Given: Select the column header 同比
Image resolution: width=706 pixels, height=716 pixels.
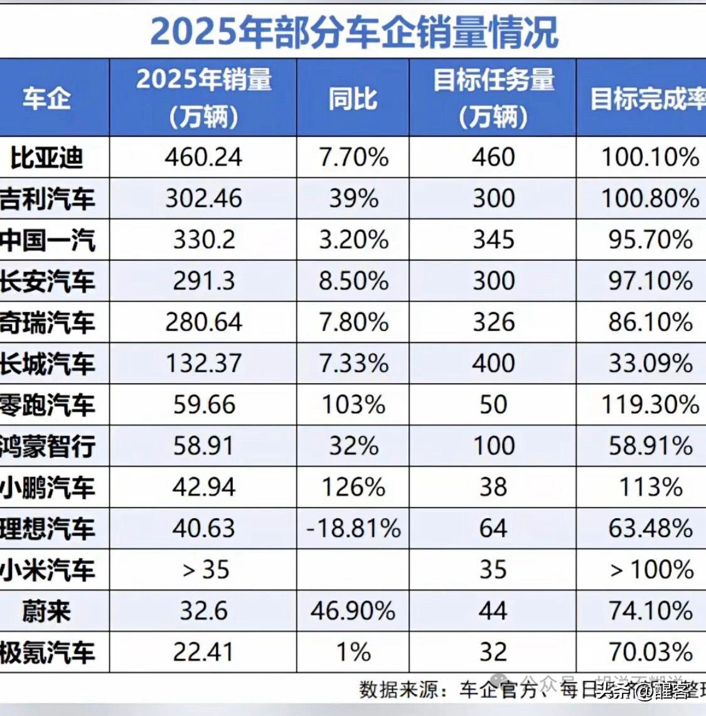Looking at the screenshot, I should [353, 98].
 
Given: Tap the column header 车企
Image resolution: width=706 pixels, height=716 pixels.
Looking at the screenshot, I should [47, 98].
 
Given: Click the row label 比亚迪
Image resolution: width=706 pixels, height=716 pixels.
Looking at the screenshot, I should [47, 157].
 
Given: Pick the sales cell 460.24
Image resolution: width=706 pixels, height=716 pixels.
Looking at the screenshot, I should [203, 157].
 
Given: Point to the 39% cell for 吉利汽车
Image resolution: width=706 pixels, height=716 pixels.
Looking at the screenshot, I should [353, 198].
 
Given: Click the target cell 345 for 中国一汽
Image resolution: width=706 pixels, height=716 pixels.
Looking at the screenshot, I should [493, 240].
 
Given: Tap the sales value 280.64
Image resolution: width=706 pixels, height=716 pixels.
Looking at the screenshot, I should [203, 322].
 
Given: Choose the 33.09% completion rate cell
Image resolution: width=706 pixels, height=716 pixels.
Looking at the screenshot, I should [650, 364].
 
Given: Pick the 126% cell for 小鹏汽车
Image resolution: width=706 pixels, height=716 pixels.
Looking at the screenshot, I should [353, 487].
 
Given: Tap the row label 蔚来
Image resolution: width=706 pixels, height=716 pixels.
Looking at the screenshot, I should [47, 611].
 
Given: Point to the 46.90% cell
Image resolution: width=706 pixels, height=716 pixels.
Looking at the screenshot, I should [353, 611].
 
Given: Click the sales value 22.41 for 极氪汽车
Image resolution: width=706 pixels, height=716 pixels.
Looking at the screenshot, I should [203, 653].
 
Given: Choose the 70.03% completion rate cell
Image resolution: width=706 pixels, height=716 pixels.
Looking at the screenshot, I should [650, 653].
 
